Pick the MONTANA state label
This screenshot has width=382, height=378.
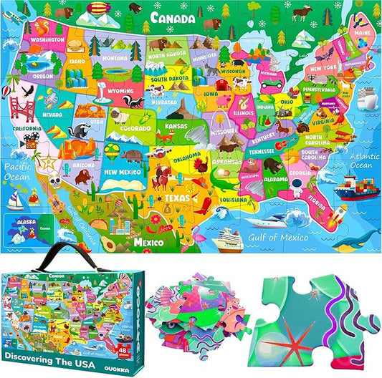[x=115, y=57]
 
